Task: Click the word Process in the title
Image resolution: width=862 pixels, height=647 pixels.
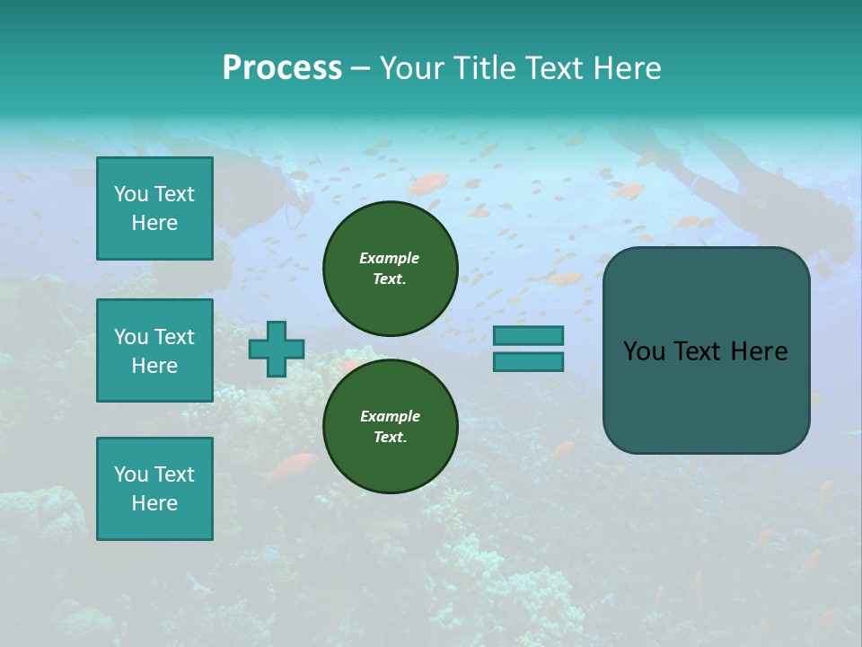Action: click(x=282, y=68)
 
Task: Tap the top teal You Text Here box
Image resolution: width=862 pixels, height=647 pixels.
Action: click(x=154, y=208)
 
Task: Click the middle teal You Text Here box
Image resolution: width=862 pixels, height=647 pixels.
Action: click(x=154, y=350)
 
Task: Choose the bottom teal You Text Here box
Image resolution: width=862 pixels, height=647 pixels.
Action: click(x=154, y=489)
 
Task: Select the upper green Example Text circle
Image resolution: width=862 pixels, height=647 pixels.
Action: click(x=390, y=268)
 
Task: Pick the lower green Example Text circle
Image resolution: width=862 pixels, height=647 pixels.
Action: click(x=390, y=426)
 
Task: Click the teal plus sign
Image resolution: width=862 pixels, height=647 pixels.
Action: click(x=277, y=349)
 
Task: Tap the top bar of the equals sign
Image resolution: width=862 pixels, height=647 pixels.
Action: click(x=528, y=335)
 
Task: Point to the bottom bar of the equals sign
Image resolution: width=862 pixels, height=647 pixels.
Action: click(x=528, y=361)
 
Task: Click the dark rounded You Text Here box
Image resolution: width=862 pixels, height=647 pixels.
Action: click(x=706, y=350)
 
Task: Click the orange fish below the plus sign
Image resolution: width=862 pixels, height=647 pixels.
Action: click(x=292, y=465)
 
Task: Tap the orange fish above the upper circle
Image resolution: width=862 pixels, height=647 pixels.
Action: click(x=428, y=184)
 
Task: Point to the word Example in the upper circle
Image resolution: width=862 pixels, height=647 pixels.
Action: click(x=389, y=258)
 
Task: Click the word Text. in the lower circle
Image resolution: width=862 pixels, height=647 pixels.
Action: click(x=390, y=437)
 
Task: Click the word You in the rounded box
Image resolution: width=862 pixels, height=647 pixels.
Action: click(x=643, y=351)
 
